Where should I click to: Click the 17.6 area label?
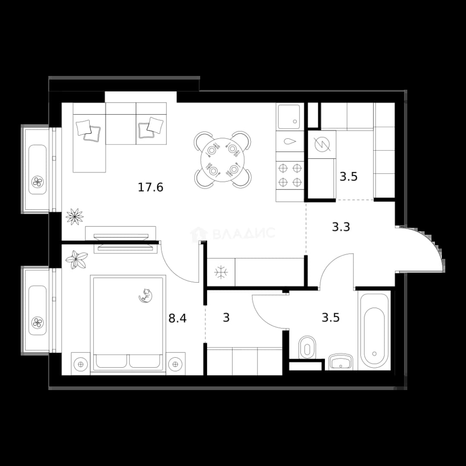(x=151, y=188)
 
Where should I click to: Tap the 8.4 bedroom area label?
(x=177, y=318)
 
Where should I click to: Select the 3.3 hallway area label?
(x=341, y=227)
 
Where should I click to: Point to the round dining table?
(x=222, y=160)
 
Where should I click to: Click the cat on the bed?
(x=146, y=296)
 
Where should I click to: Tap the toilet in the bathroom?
(x=307, y=347)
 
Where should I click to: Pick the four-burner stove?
(x=290, y=175)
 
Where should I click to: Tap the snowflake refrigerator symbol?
(x=221, y=272)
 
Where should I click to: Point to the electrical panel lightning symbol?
(x=322, y=145)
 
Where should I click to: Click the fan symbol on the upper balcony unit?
(x=38, y=181)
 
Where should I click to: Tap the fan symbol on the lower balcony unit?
(x=38, y=322)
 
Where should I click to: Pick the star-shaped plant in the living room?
(x=74, y=216)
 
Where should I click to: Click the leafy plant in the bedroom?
(x=76, y=259)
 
